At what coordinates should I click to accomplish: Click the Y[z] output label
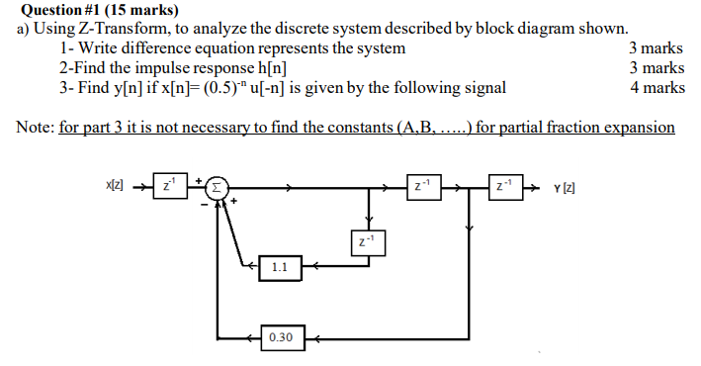[567, 187]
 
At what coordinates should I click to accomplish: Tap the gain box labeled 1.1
[280, 266]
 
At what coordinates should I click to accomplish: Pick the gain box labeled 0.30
[280, 337]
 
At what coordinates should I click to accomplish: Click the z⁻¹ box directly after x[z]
[170, 186]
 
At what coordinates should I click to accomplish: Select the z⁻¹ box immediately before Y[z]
[504, 186]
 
